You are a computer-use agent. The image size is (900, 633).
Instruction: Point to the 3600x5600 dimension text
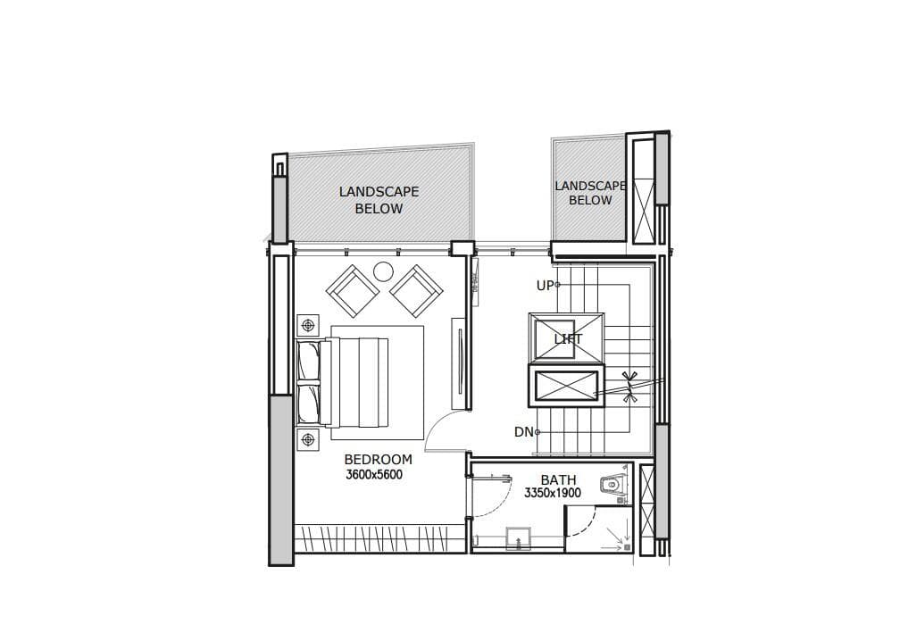pyautogui.click(x=374, y=475)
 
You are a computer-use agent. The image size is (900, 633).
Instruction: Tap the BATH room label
pyautogui.click(x=558, y=480)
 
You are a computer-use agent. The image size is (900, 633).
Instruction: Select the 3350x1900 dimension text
pyautogui.click(x=553, y=492)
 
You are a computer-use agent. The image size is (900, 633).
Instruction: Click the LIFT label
pyautogui.click(x=568, y=339)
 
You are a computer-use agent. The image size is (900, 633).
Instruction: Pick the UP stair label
pyautogui.click(x=545, y=286)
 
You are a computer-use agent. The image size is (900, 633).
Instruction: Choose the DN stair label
pyautogui.click(x=523, y=432)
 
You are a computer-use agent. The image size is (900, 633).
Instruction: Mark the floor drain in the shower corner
pyautogui.click(x=627, y=546)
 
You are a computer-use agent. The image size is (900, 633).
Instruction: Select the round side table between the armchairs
pyautogui.click(x=383, y=271)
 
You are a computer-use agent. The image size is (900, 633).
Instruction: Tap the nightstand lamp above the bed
pyautogui.click(x=308, y=325)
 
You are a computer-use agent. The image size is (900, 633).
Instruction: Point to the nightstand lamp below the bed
pyautogui.click(x=308, y=438)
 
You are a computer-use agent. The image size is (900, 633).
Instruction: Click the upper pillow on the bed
pyautogui.click(x=309, y=362)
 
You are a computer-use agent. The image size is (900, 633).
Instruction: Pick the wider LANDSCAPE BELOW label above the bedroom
pyautogui.click(x=379, y=200)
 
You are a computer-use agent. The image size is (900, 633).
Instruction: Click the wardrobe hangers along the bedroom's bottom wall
pyautogui.click(x=379, y=538)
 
